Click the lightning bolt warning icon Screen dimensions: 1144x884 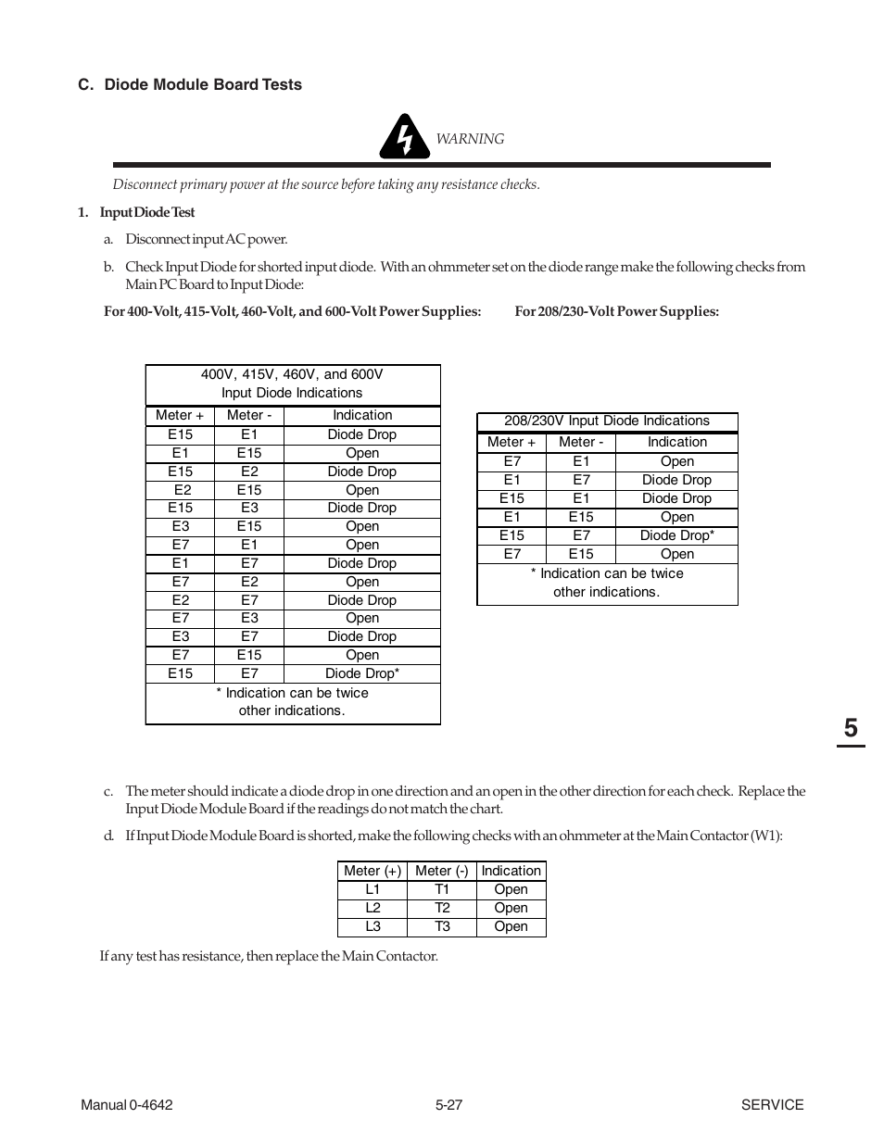tap(403, 137)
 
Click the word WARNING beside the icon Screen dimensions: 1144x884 tap(470, 139)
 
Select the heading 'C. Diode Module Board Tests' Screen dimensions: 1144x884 tap(190, 84)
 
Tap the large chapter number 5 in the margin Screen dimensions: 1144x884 tap(850, 728)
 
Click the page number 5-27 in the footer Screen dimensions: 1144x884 tap(448, 1104)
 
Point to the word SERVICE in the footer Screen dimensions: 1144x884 tap(772, 1104)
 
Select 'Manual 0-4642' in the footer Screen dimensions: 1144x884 tap(126, 1104)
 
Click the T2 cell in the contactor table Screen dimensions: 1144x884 tap(442, 908)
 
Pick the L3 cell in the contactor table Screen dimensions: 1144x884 tap(373, 926)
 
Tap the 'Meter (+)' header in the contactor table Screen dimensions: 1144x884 tap(373, 871)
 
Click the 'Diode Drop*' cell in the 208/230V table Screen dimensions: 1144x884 tap(676, 535)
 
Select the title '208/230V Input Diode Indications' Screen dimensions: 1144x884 tap(607, 421)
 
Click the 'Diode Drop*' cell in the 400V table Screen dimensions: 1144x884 tap(361, 673)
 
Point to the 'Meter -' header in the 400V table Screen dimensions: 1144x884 tap(249, 415)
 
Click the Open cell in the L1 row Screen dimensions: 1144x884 tap(511, 889)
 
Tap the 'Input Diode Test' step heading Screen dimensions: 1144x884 tap(147, 212)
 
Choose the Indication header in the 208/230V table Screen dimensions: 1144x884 tap(676, 442)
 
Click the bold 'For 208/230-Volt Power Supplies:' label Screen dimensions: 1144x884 tap(616, 311)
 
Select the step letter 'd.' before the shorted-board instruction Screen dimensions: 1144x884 tap(108, 836)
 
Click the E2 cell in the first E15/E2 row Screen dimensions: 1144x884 tap(249, 471)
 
